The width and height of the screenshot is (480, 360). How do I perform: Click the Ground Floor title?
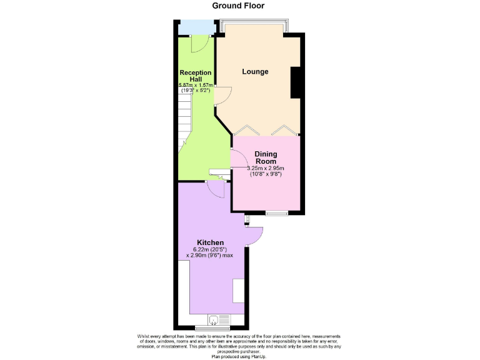tap(238, 6)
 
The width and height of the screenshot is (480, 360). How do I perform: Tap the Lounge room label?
tap(255, 72)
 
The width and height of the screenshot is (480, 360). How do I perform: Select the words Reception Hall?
tap(195, 76)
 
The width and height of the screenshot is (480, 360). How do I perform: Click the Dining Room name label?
tap(266, 157)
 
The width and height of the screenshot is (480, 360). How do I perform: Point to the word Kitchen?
tap(210, 242)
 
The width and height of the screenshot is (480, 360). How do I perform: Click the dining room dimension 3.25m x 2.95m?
tap(266, 168)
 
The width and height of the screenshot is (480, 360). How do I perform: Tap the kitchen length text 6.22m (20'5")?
tap(211, 249)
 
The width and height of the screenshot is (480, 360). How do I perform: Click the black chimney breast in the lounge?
tap(296, 82)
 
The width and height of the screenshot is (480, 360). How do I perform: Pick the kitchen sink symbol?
tap(214, 320)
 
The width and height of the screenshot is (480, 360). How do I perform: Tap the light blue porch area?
tap(195, 27)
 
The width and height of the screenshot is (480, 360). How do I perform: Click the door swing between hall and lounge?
tap(223, 95)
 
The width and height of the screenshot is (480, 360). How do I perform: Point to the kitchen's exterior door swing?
tap(255, 236)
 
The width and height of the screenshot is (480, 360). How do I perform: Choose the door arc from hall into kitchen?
tap(214, 189)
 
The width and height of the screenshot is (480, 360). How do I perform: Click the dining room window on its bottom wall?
tap(276, 214)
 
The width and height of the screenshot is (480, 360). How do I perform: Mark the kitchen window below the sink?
tap(212, 327)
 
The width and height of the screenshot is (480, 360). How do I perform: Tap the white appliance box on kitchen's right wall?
tap(239, 291)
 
